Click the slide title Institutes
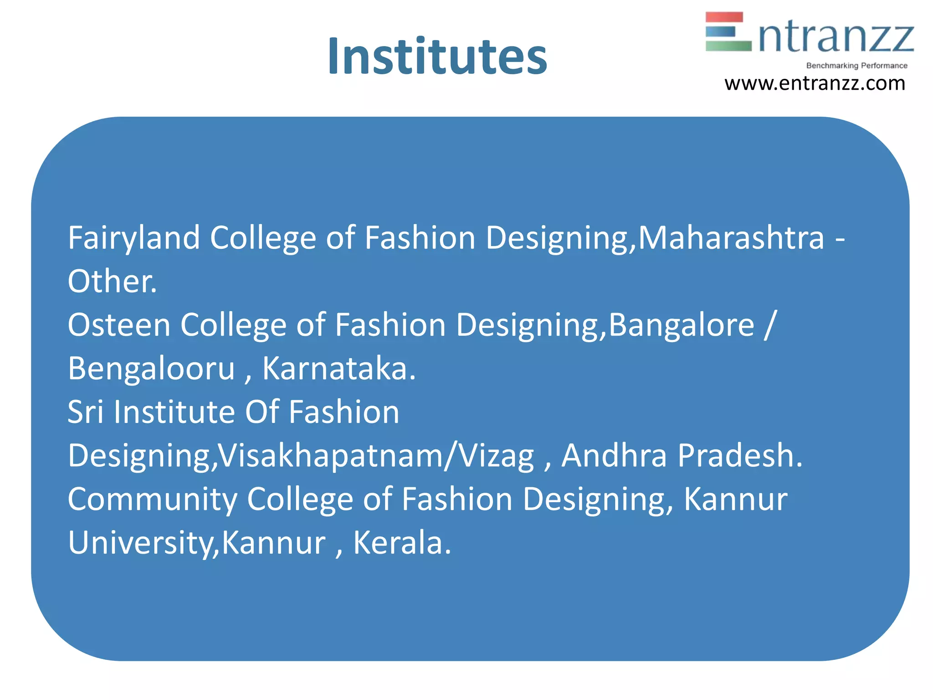437,57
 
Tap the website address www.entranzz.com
815,83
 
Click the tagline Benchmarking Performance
856,66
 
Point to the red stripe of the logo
724,17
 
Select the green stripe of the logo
728,46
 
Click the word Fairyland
134,238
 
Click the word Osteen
119,325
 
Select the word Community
152,499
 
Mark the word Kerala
402,543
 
